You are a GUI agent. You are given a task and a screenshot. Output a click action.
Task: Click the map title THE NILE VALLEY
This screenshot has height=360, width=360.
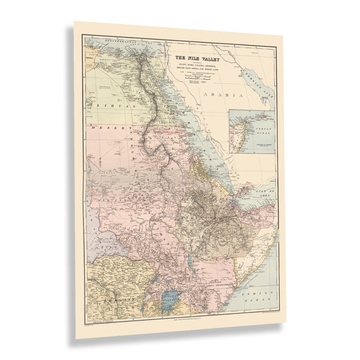[x=194, y=59]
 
